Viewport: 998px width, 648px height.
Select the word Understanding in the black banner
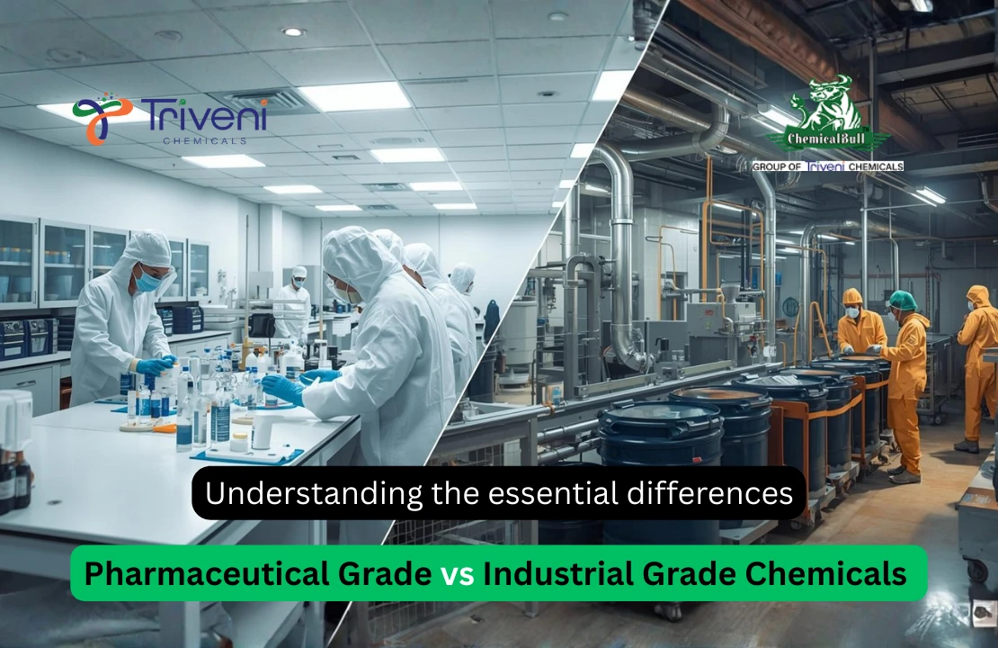[x=292, y=493]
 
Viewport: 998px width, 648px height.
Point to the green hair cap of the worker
[x=901, y=299]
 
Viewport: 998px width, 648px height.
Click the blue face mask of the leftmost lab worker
[x=149, y=283]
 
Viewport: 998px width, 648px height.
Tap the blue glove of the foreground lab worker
[x=282, y=389]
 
